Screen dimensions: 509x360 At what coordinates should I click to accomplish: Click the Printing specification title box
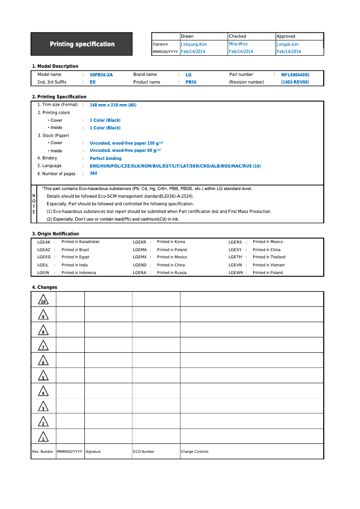click(x=82, y=44)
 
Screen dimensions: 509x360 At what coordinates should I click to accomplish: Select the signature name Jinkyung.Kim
click(x=193, y=44)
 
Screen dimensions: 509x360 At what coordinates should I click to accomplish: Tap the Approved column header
click(x=286, y=36)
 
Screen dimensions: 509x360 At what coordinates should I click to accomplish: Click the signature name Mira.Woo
click(x=238, y=44)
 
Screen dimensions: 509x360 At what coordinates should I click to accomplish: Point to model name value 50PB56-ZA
click(x=101, y=75)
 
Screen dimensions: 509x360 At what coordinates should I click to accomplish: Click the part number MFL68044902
click(x=295, y=75)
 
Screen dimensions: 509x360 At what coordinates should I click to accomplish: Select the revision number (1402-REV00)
click(x=295, y=82)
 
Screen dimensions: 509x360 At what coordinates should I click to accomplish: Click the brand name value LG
click(x=189, y=75)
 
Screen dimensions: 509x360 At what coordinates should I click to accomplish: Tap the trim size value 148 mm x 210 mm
click(x=113, y=105)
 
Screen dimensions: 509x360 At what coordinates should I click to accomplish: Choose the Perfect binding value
click(x=105, y=159)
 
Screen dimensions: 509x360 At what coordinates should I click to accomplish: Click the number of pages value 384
click(x=93, y=173)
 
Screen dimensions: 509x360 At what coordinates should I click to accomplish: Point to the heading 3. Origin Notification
click(x=55, y=234)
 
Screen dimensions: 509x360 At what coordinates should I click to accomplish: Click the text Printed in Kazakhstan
click(x=80, y=242)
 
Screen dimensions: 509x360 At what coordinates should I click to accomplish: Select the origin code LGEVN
click(x=235, y=265)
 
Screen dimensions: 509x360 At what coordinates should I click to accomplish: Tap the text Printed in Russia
click(x=171, y=273)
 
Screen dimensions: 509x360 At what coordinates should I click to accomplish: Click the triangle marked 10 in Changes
click(x=43, y=300)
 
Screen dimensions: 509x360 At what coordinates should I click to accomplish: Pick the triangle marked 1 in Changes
click(x=43, y=437)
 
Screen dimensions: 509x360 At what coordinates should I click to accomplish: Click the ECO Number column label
click(x=144, y=451)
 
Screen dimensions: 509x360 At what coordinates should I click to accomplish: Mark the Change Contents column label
click(x=194, y=451)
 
